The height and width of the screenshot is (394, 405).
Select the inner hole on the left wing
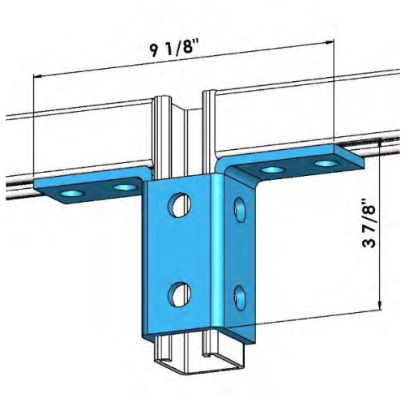pos(124,187)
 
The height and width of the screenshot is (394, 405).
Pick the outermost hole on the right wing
pos(326,165)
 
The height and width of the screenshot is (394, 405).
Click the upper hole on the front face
pos(177,207)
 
